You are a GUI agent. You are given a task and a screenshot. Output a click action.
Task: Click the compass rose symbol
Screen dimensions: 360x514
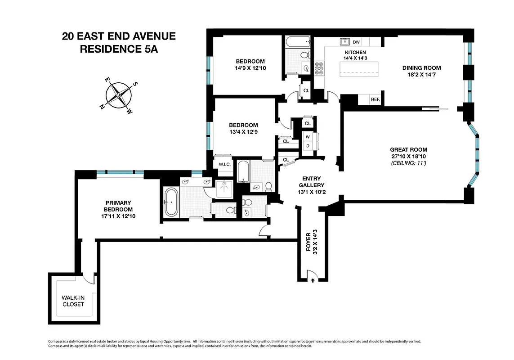(119, 95)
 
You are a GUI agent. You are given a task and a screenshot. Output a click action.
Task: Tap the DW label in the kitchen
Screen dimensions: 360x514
(356, 42)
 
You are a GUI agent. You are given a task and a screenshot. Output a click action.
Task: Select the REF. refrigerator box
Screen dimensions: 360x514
(375, 99)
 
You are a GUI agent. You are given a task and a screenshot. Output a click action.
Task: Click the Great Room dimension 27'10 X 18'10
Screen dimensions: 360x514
(409, 156)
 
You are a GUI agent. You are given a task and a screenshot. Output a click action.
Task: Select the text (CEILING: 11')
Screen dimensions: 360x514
(409, 162)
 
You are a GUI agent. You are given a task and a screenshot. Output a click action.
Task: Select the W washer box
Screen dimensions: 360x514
(308, 137)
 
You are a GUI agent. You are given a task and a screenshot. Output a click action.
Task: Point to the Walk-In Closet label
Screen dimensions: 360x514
(73, 301)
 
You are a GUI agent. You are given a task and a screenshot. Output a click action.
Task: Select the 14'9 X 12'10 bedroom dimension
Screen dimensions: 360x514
(250, 68)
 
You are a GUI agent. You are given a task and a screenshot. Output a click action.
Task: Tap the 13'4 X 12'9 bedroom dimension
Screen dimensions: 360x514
(243, 132)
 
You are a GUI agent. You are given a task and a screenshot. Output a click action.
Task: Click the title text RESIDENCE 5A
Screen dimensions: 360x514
(119, 49)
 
